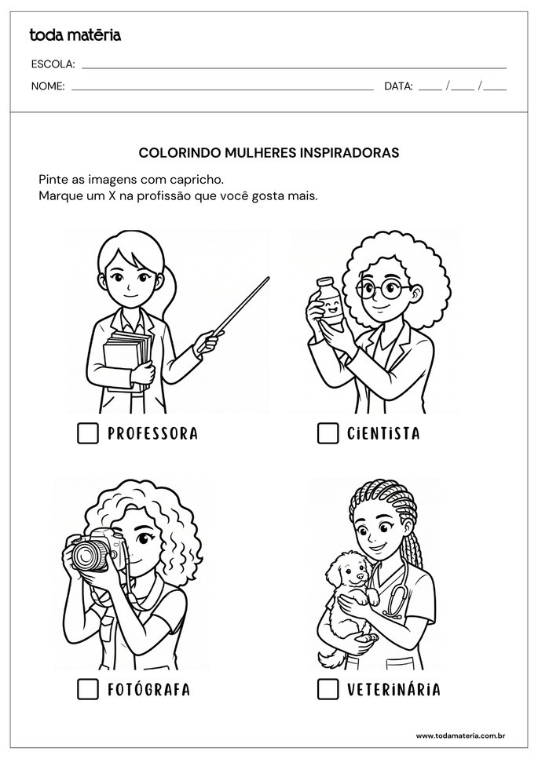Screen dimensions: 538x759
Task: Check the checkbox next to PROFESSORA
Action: click(88, 433)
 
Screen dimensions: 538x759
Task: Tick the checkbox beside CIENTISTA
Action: click(328, 433)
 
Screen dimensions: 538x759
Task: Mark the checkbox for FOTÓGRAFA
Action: click(88, 689)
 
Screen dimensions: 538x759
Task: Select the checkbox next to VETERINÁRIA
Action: click(328, 689)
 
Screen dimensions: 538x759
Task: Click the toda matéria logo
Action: click(75, 35)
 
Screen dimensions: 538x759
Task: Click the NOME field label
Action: click(47, 86)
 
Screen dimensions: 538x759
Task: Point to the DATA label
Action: click(398, 86)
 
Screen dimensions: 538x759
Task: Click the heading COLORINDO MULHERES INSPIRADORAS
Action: click(269, 153)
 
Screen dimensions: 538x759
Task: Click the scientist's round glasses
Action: click(382, 290)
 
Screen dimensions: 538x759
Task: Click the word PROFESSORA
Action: click(152, 433)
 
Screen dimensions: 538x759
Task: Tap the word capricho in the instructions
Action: click(198, 180)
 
